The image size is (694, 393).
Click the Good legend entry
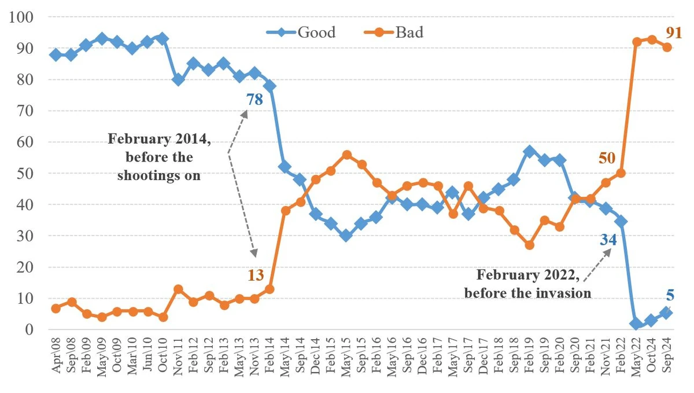(316, 32)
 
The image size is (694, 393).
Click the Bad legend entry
(409, 32)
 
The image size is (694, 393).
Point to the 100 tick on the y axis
(24, 17)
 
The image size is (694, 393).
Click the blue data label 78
(254, 100)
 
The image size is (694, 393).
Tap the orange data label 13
(256, 275)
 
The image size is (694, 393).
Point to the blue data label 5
(670, 295)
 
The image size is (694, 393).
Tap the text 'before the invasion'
(527, 292)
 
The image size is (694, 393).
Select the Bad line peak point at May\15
(346, 155)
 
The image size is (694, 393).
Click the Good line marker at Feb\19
(529, 152)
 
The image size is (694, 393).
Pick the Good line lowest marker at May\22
(637, 324)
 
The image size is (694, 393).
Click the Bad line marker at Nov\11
(178, 289)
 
